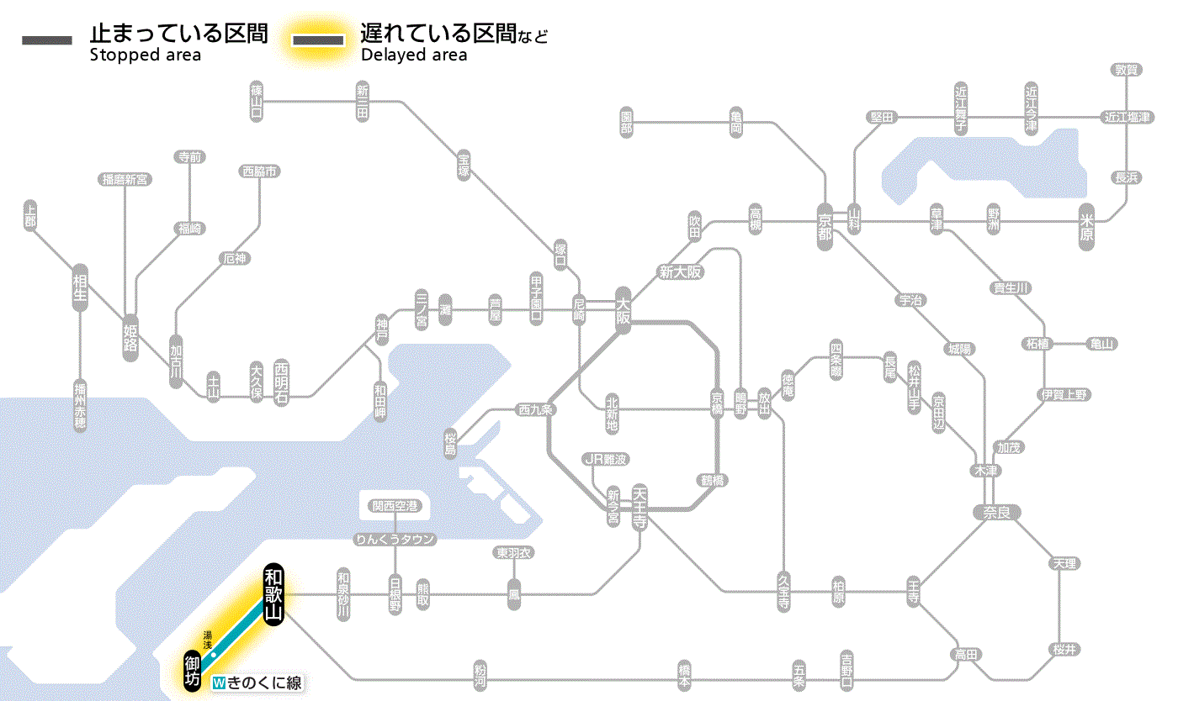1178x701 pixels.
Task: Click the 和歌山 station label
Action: tap(273, 594)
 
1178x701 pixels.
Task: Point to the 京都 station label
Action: tap(825, 223)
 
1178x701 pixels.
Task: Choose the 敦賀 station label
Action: tap(1126, 70)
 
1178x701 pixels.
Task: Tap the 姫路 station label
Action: tap(130, 337)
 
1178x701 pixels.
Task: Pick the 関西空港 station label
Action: tap(395, 506)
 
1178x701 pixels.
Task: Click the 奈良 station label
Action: tap(996, 511)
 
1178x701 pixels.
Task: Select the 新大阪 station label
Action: tap(681, 271)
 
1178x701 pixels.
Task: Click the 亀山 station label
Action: tap(1101, 344)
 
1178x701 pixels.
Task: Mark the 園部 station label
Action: tap(627, 123)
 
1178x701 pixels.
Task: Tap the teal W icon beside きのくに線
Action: tap(220, 683)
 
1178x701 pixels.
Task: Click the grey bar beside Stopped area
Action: tap(46, 40)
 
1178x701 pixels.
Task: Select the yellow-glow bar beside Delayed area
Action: tap(317, 40)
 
